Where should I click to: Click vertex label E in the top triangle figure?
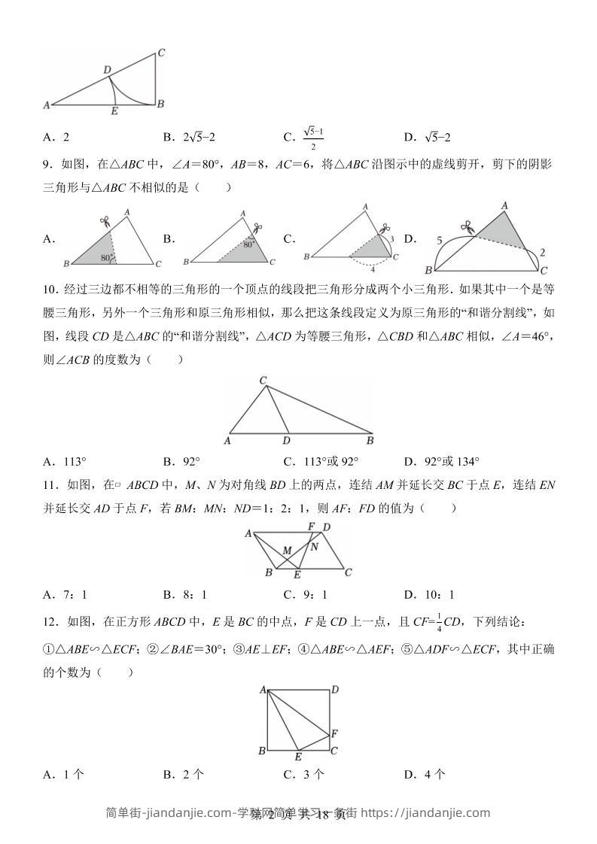tap(114, 112)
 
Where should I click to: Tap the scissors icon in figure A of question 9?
tap(105, 221)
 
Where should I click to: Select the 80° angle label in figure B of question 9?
tap(248, 244)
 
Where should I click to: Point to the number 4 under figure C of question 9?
tap(372, 267)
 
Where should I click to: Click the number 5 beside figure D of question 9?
tap(438, 241)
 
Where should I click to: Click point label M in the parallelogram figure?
tap(288, 551)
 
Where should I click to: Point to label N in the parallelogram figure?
tap(315, 546)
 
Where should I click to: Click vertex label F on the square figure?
tap(334, 732)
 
